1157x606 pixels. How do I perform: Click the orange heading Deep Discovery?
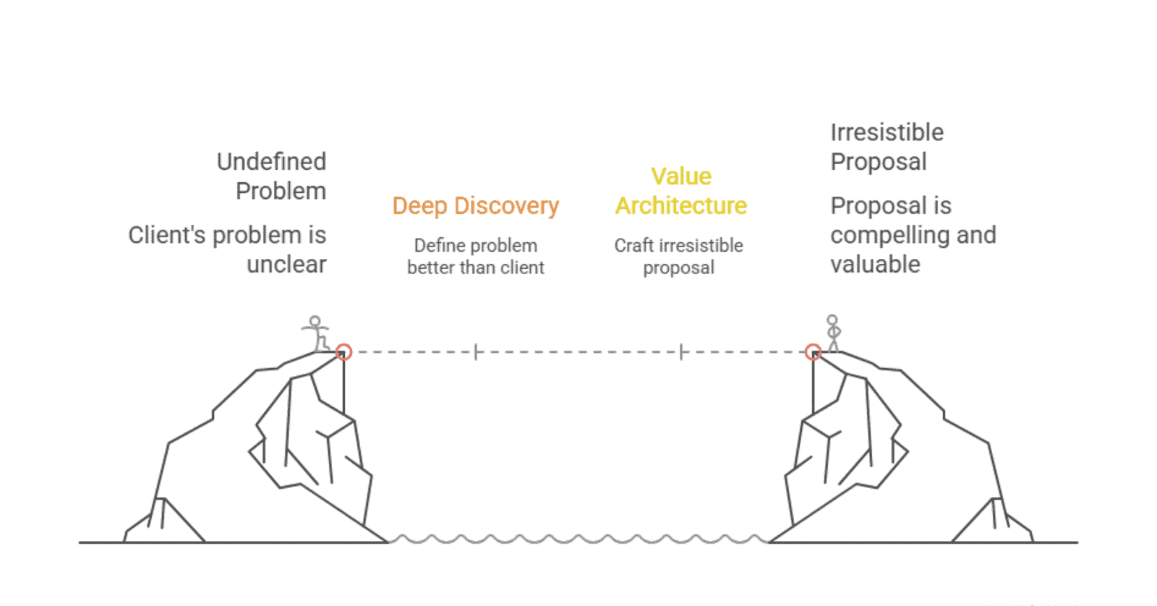click(x=475, y=206)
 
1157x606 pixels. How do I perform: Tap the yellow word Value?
click(x=681, y=176)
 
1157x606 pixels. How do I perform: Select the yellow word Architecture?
click(x=681, y=206)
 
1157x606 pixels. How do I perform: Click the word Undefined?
click(x=271, y=161)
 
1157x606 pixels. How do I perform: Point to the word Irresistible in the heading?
click(x=887, y=132)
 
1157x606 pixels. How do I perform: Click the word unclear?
click(x=286, y=265)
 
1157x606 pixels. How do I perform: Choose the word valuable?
click(x=875, y=265)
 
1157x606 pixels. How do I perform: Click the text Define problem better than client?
click(x=475, y=257)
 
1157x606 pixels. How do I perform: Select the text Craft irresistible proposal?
click(x=678, y=257)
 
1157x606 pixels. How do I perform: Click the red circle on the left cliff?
click(x=343, y=352)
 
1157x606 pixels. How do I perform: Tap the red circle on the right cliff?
click(x=814, y=352)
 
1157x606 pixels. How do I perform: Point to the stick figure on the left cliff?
click(x=316, y=333)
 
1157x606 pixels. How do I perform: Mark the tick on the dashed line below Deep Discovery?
click(x=476, y=352)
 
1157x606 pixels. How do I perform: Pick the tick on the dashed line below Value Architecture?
click(x=681, y=352)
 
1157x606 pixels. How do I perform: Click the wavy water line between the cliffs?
click(x=578, y=539)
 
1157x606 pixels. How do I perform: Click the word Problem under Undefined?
click(x=281, y=191)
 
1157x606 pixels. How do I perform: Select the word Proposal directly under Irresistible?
click(x=878, y=162)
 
